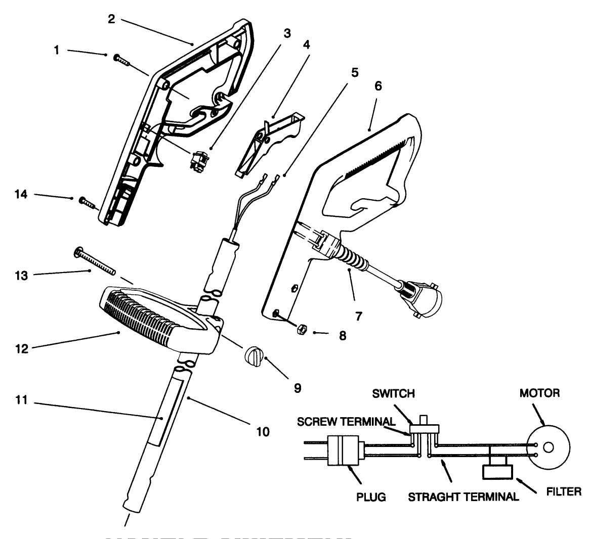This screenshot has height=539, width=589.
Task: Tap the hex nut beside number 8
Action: (x=299, y=329)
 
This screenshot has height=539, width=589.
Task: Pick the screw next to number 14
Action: (x=87, y=203)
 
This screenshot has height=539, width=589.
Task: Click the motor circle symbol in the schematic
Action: (x=549, y=447)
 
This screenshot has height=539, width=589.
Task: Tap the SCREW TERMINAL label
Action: (x=346, y=421)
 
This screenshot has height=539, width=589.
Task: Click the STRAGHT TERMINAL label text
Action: (x=463, y=497)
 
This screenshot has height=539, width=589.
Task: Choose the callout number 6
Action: (x=378, y=86)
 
